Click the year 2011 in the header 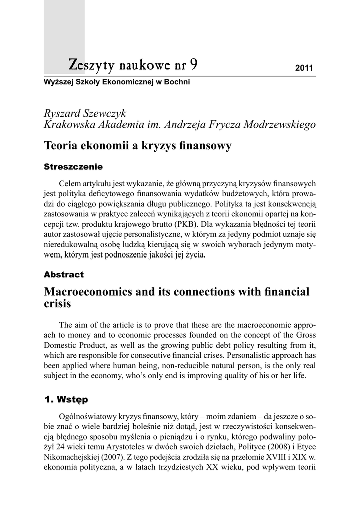pyautogui.click(x=304, y=68)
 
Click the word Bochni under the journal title pyautogui.click(x=177, y=81)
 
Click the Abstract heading pyautogui.click(x=64, y=275)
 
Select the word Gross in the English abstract pyautogui.click(x=305, y=335)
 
